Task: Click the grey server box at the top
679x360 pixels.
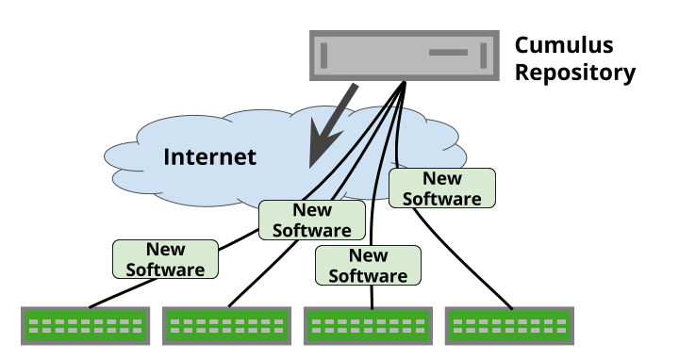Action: point(404,56)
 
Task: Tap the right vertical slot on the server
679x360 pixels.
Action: point(484,56)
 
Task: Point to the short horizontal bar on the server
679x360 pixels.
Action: point(448,53)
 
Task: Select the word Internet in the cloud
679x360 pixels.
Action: point(209,156)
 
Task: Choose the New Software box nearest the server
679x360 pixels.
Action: point(441,188)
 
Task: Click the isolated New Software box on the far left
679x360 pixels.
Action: point(165,259)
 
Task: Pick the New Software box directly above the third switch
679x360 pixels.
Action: point(368,266)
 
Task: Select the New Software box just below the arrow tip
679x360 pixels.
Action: point(311,220)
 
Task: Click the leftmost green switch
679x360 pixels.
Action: point(86,326)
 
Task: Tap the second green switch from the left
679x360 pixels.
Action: point(227,326)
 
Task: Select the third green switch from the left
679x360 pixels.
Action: point(369,326)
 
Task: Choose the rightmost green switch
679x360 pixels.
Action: point(510,326)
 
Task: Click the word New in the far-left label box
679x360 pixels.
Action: point(165,250)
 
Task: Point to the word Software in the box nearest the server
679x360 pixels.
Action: point(441,198)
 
